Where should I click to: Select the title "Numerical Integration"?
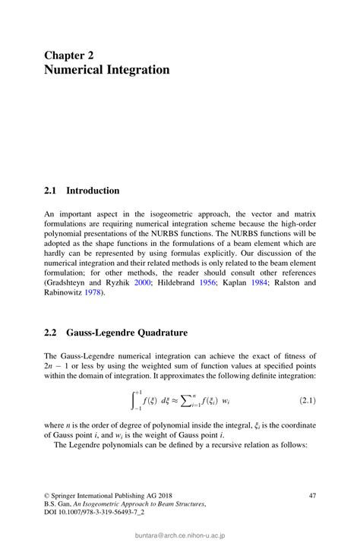coord(106,71)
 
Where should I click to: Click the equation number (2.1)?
coord(303,399)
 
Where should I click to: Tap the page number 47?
coord(311,495)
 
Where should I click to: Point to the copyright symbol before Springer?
coord(47,495)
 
